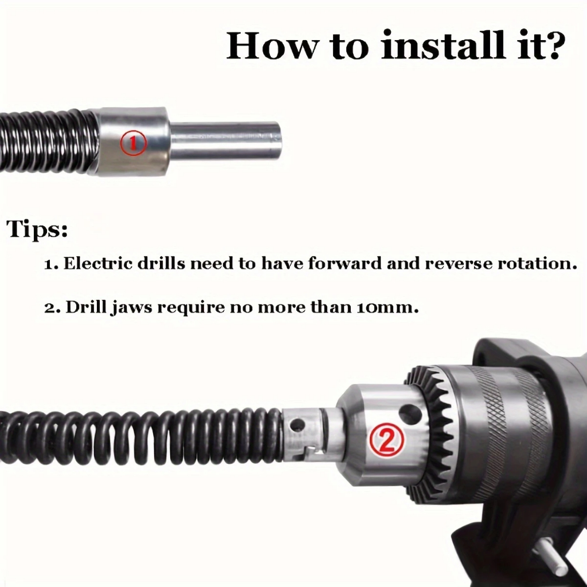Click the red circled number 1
point(133,142)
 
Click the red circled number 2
point(387,440)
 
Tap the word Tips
point(37,228)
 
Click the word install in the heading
point(442,46)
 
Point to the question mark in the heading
point(552,46)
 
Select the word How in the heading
point(272,46)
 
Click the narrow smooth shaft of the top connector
point(225,140)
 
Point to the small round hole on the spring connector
point(298,425)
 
